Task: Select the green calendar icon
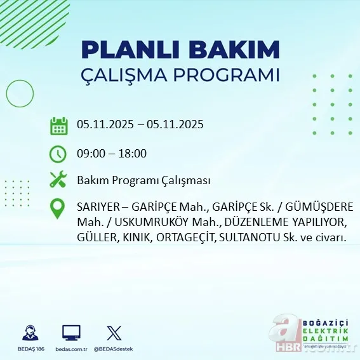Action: (58, 126)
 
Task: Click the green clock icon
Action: (58, 154)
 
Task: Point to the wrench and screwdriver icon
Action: (58, 180)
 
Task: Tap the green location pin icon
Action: (58, 209)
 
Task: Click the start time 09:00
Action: (90, 154)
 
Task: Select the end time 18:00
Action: (133, 154)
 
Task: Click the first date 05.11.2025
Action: (105, 124)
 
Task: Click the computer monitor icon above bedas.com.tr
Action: (71, 333)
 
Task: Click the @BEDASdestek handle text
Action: (114, 349)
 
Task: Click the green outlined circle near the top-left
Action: (20, 93)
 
